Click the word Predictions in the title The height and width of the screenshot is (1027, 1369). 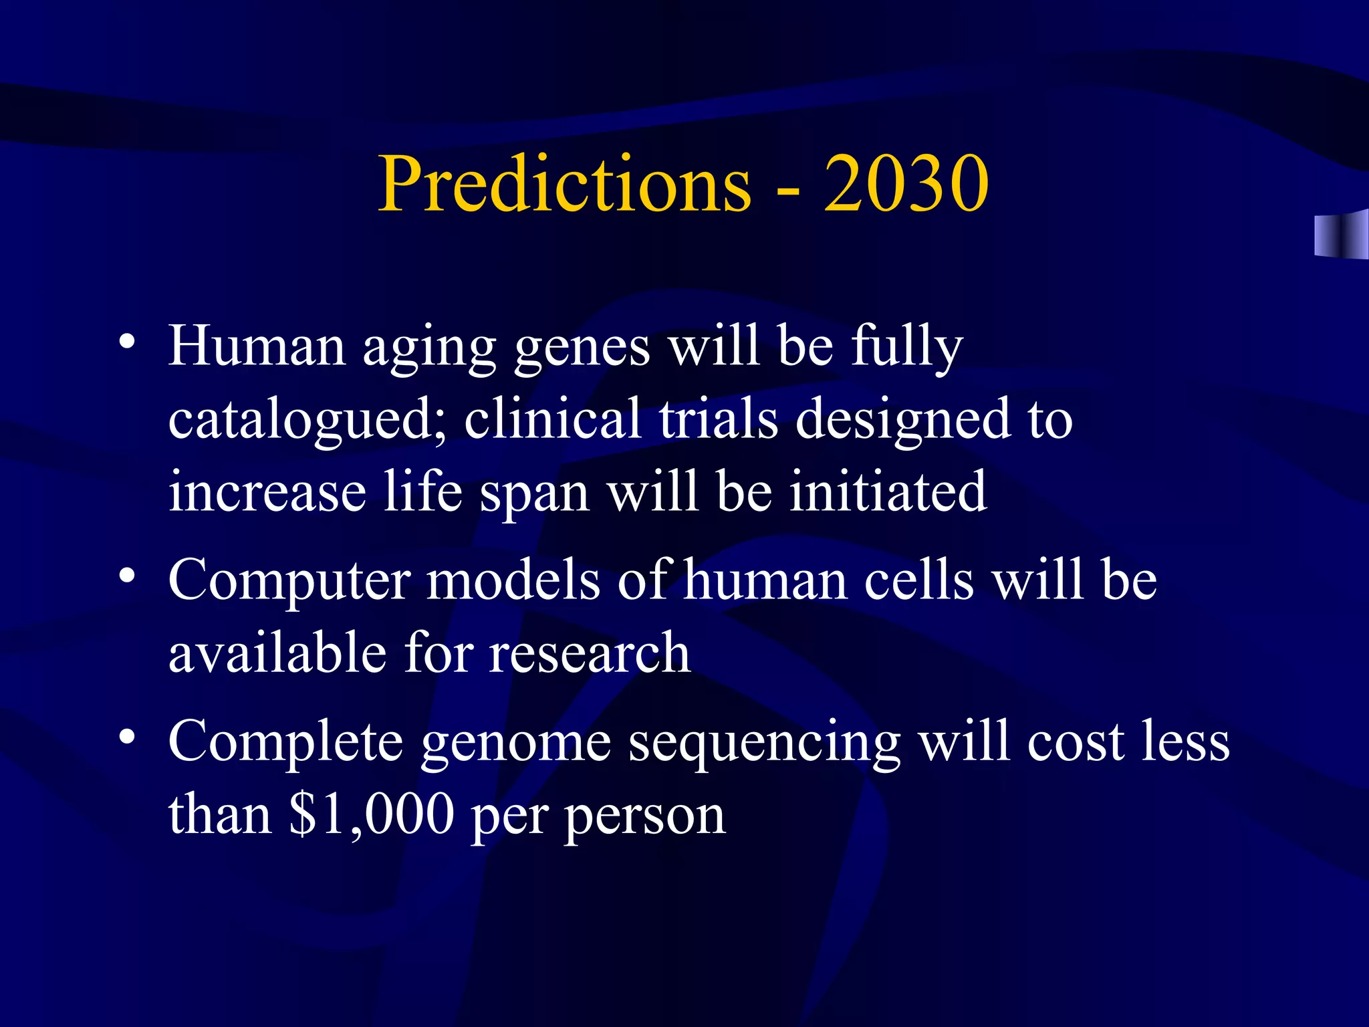pos(565,184)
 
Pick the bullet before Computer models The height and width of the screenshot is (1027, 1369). pos(127,576)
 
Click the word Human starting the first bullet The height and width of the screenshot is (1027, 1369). pos(257,346)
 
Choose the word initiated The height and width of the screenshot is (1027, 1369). pos(888,491)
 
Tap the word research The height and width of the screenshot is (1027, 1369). pos(589,653)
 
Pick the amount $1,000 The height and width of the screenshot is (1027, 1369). pos(372,816)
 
